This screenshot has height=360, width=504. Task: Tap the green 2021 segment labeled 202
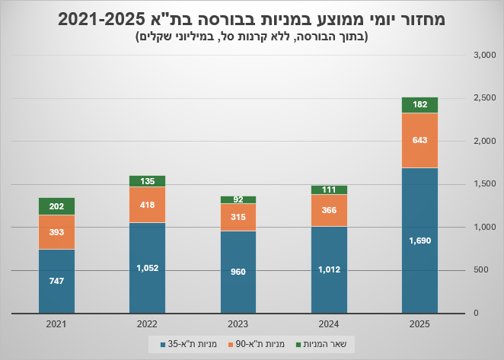(56, 206)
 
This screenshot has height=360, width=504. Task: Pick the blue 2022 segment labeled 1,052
(147, 268)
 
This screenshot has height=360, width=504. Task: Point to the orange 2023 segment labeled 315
(238, 217)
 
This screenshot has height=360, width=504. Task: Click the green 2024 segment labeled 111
(329, 190)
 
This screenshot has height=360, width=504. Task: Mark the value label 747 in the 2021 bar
(56, 281)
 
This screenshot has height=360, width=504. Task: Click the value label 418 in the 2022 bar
(147, 205)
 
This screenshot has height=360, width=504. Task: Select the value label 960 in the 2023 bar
(238, 272)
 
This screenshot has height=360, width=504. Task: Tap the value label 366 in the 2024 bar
(329, 210)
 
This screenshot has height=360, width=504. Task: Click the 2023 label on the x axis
(238, 324)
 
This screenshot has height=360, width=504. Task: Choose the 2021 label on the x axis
(56, 324)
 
